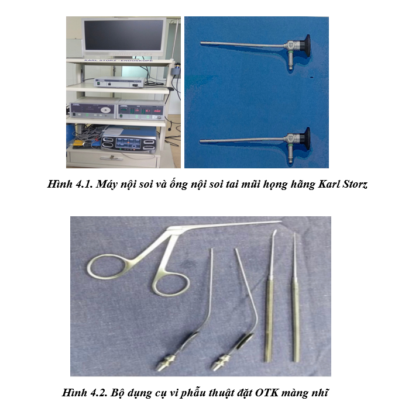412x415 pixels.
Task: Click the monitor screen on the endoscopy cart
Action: pos(123,36)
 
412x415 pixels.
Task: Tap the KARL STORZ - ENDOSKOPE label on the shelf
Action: pos(118,61)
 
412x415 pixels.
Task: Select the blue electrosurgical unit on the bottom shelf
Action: pos(129,140)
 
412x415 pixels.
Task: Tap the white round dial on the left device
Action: pos(107,109)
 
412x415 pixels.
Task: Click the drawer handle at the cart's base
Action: pos(113,158)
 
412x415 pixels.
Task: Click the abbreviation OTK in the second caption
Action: pos(267,392)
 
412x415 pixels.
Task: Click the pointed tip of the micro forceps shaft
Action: pos(280,222)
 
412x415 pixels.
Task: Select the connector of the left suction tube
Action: pos(166,362)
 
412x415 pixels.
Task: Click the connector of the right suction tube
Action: pos(221,362)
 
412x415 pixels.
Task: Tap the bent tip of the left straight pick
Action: pos(274,233)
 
